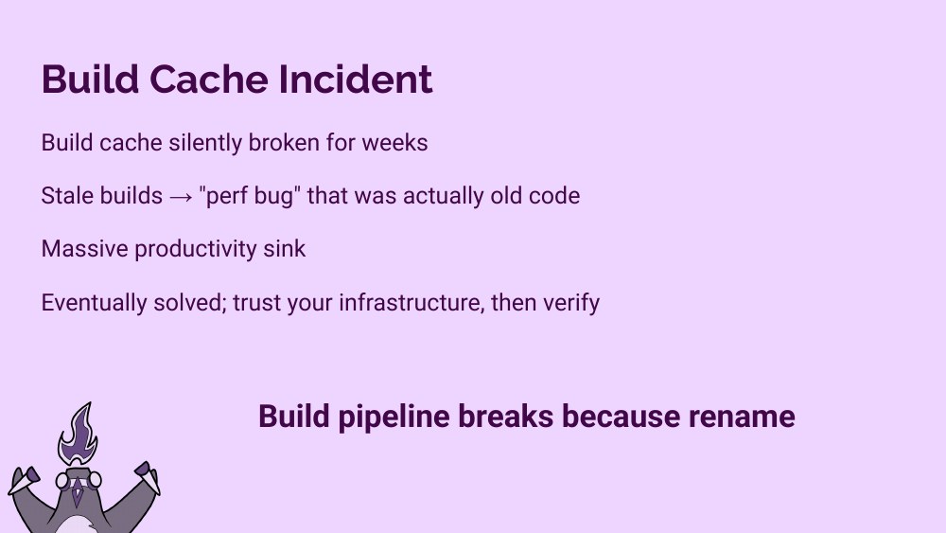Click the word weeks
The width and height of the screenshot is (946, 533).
click(395, 143)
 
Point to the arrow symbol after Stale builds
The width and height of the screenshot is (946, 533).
click(181, 197)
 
